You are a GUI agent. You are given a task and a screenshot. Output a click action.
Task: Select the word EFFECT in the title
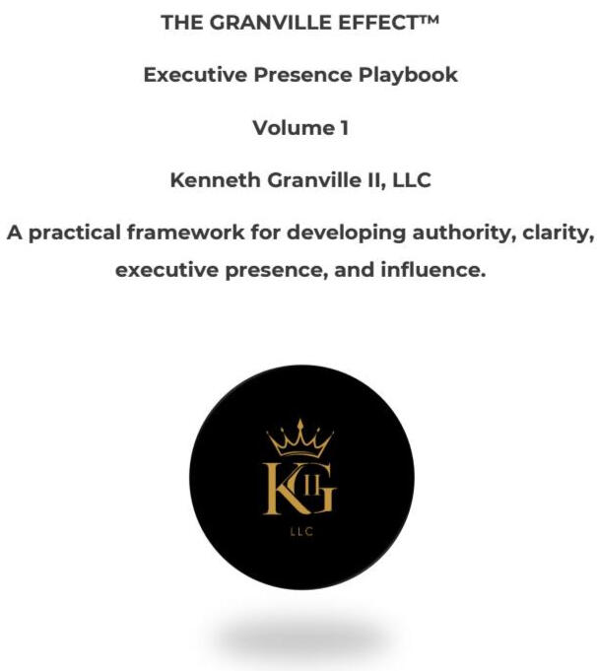point(376,23)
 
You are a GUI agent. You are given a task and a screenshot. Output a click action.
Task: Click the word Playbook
point(408,75)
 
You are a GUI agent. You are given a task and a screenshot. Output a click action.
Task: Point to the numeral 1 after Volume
point(344,128)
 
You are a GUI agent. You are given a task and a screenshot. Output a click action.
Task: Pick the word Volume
point(294,128)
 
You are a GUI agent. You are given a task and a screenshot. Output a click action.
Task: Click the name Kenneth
point(216,180)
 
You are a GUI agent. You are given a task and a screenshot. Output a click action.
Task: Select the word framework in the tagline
point(186,233)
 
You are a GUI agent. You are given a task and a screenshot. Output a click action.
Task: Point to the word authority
point(464,234)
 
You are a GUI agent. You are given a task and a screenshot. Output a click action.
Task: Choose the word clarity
point(558,234)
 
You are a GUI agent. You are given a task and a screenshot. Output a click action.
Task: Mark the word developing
point(346,234)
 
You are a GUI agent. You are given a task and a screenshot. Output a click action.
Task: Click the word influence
point(433,270)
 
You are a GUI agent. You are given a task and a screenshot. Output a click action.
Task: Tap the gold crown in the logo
point(299,438)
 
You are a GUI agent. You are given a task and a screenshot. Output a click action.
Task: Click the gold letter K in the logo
point(283,489)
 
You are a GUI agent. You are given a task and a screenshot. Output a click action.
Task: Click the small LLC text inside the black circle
point(301,531)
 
